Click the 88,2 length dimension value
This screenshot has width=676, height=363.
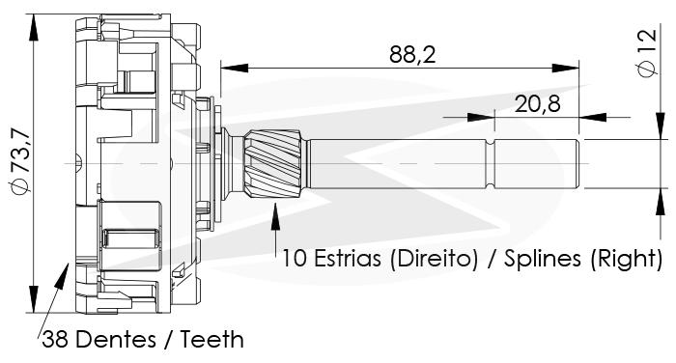[x=412, y=55]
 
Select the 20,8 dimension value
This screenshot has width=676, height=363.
[x=537, y=104]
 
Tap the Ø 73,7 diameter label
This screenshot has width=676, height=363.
[x=21, y=161]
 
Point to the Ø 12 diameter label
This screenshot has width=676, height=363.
[x=648, y=52]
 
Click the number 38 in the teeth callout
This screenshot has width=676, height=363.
[x=55, y=339]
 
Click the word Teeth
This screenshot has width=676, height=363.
[x=212, y=339]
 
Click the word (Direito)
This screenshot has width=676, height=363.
[x=434, y=259]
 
